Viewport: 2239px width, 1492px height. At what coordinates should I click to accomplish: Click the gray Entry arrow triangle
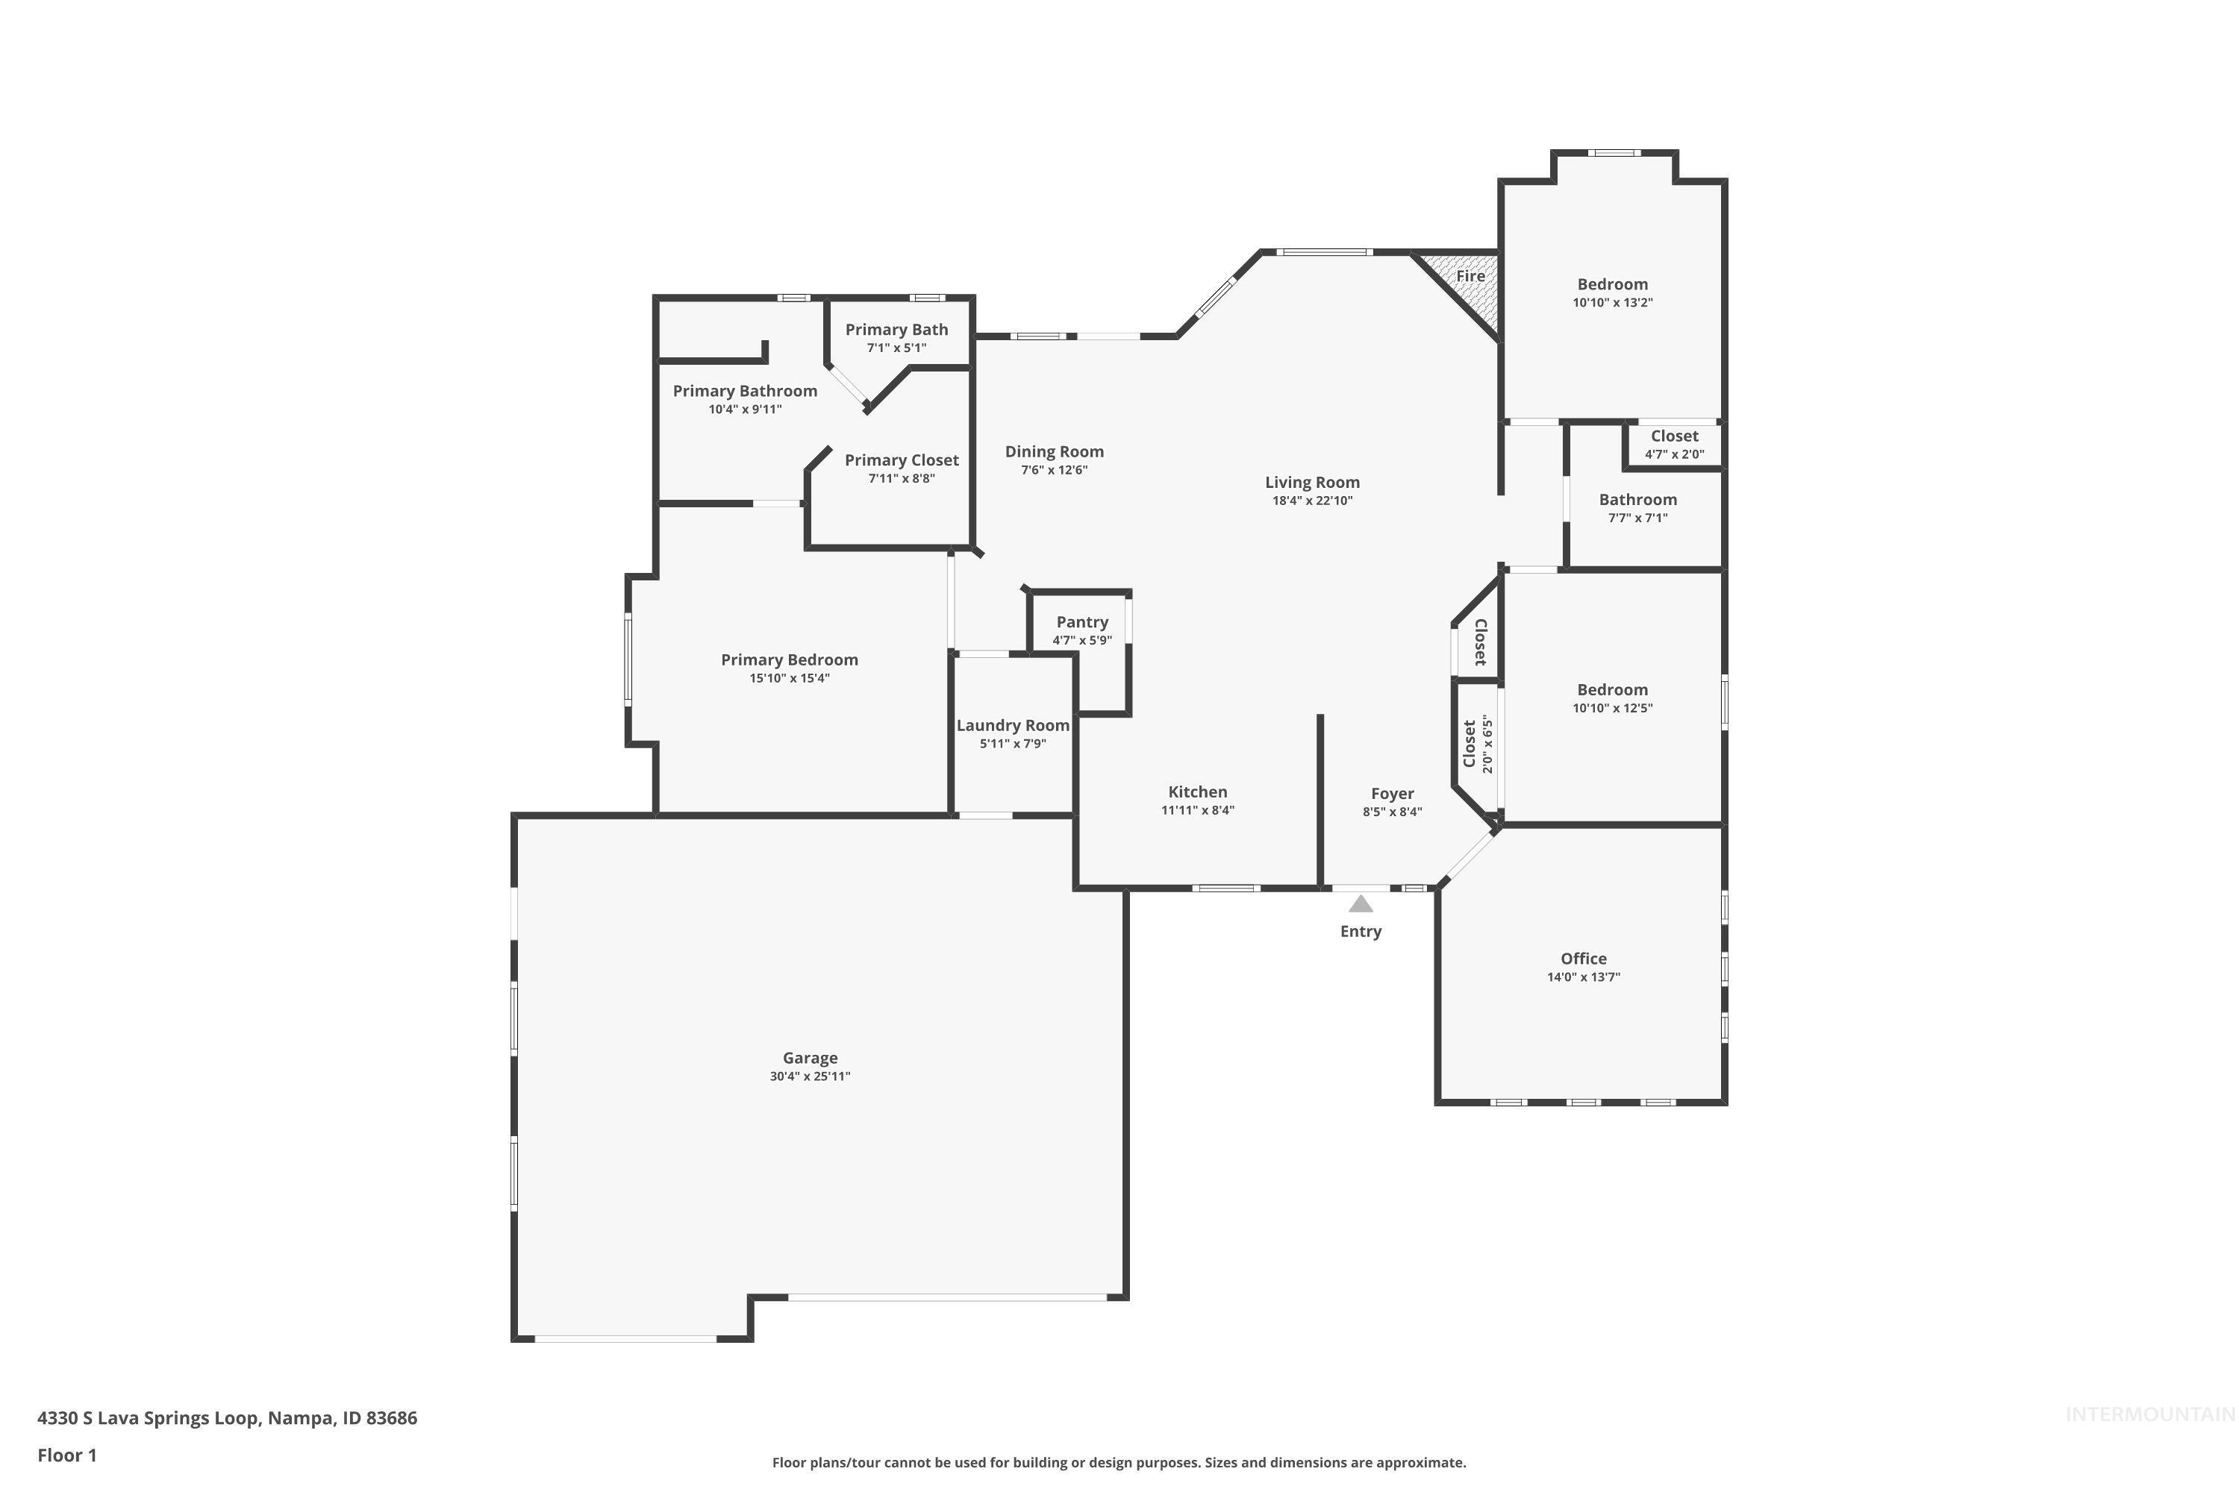tap(1361, 904)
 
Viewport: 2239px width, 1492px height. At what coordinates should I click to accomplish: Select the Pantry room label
tap(1082, 622)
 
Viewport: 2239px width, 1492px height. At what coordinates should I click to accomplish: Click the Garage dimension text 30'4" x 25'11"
tap(810, 1076)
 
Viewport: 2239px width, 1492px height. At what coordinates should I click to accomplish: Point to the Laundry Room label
tap(1013, 725)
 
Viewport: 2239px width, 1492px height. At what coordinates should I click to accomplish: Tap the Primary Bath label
tap(897, 329)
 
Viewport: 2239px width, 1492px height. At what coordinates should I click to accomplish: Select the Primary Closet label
tap(902, 460)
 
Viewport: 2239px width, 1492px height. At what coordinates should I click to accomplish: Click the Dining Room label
tap(1055, 452)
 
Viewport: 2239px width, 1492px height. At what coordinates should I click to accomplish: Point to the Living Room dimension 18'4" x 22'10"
tap(1312, 501)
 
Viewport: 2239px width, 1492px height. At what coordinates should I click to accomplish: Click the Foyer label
tap(1392, 794)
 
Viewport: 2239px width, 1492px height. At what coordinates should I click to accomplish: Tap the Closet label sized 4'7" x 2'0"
tap(1675, 436)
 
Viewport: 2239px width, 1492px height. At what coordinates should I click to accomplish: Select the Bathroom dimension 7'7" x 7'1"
tap(1637, 518)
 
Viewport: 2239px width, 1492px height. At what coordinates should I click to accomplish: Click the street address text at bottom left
tap(227, 1418)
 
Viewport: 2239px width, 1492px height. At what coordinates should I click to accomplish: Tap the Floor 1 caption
tap(66, 1455)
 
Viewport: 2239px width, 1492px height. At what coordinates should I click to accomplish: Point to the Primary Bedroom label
tap(789, 660)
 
